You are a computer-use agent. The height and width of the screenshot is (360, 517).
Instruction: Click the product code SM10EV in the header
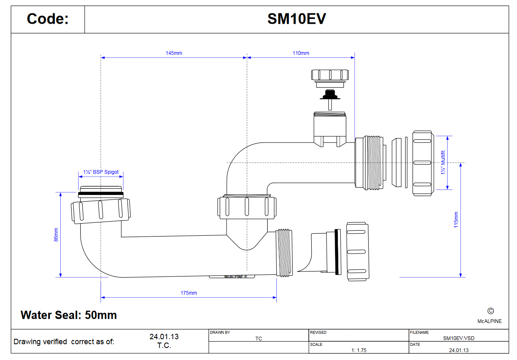(x=296, y=19)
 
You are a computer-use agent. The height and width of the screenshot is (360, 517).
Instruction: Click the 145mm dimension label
(x=174, y=53)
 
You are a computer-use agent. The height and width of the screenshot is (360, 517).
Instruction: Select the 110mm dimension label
(x=301, y=53)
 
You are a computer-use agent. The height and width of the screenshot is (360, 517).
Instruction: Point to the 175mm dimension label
(x=189, y=293)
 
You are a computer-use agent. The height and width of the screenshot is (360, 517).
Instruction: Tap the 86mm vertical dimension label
(x=56, y=234)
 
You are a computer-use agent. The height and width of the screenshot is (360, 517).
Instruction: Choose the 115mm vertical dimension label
(x=456, y=220)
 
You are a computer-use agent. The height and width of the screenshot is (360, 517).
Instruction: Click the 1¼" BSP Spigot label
(x=101, y=172)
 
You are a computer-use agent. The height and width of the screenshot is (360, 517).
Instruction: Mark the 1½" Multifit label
(x=443, y=163)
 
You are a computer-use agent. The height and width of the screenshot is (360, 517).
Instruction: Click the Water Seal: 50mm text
(x=69, y=315)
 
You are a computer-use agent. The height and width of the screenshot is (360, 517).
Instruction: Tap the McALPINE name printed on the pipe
(x=235, y=276)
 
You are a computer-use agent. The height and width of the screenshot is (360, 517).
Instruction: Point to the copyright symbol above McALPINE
(x=490, y=311)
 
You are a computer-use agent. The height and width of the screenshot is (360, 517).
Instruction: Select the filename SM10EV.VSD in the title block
(x=459, y=338)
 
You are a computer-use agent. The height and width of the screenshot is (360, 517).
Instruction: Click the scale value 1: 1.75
(x=359, y=350)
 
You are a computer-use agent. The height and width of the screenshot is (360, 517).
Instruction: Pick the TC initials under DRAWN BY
(x=258, y=338)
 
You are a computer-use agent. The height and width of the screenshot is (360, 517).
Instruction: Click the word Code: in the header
(x=47, y=19)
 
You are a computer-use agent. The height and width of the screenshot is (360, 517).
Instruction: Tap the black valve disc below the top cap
(x=330, y=97)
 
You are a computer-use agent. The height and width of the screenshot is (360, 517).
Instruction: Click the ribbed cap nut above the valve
(x=330, y=75)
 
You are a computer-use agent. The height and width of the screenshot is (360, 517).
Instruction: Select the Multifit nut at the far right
(x=423, y=163)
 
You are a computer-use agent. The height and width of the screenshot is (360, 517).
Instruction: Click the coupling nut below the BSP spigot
(x=101, y=211)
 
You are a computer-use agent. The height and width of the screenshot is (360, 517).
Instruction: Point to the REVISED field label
(x=318, y=332)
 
